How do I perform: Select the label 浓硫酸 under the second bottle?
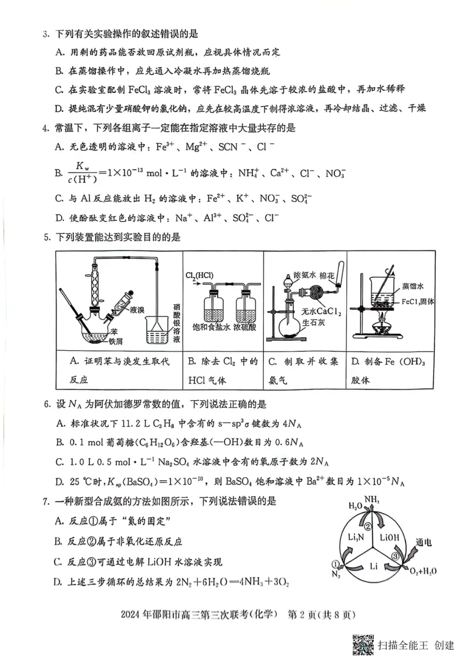(246, 326)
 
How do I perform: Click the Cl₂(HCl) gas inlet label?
(200, 275)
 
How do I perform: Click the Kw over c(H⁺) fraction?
(82, 172)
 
